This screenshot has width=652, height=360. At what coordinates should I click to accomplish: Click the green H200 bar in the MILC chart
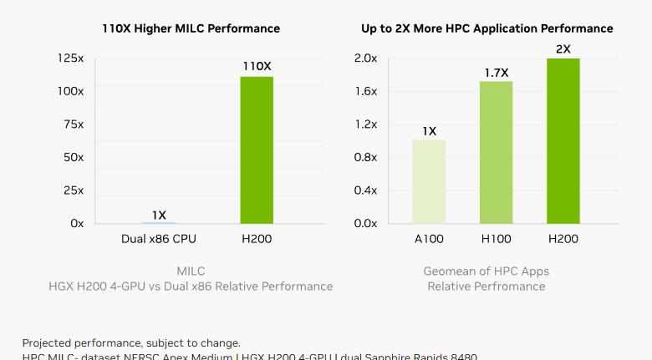pos(257,150)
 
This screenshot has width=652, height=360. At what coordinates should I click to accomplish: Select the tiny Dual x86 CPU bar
pos(159,222)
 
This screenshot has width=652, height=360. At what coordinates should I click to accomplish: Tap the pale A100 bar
pos(429,181)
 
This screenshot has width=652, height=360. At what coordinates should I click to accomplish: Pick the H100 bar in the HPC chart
pos(496,152)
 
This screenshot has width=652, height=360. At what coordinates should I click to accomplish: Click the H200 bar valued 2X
pos(563,140)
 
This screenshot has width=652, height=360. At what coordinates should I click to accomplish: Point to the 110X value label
pos(257,66)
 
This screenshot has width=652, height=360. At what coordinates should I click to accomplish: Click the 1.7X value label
pos(497,74)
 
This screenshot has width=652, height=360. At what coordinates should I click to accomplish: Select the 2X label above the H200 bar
pos(563,49)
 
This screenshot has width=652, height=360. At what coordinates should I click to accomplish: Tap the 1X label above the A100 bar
pos(429,131)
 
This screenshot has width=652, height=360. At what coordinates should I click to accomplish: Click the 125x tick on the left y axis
pos(70,58)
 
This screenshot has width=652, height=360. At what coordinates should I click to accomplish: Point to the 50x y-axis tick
pos(74,157)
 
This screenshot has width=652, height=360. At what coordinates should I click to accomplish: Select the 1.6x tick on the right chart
pos(365,91)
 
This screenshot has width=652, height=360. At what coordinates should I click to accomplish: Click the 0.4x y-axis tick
pos(365,190)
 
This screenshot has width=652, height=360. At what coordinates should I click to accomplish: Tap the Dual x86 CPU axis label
pos(159,239)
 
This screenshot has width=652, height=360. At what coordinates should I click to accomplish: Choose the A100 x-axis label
pos(429,239)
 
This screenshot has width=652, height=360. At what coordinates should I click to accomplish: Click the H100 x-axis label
pos(496,239)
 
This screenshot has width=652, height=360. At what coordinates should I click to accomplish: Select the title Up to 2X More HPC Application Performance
pos(486,28)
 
